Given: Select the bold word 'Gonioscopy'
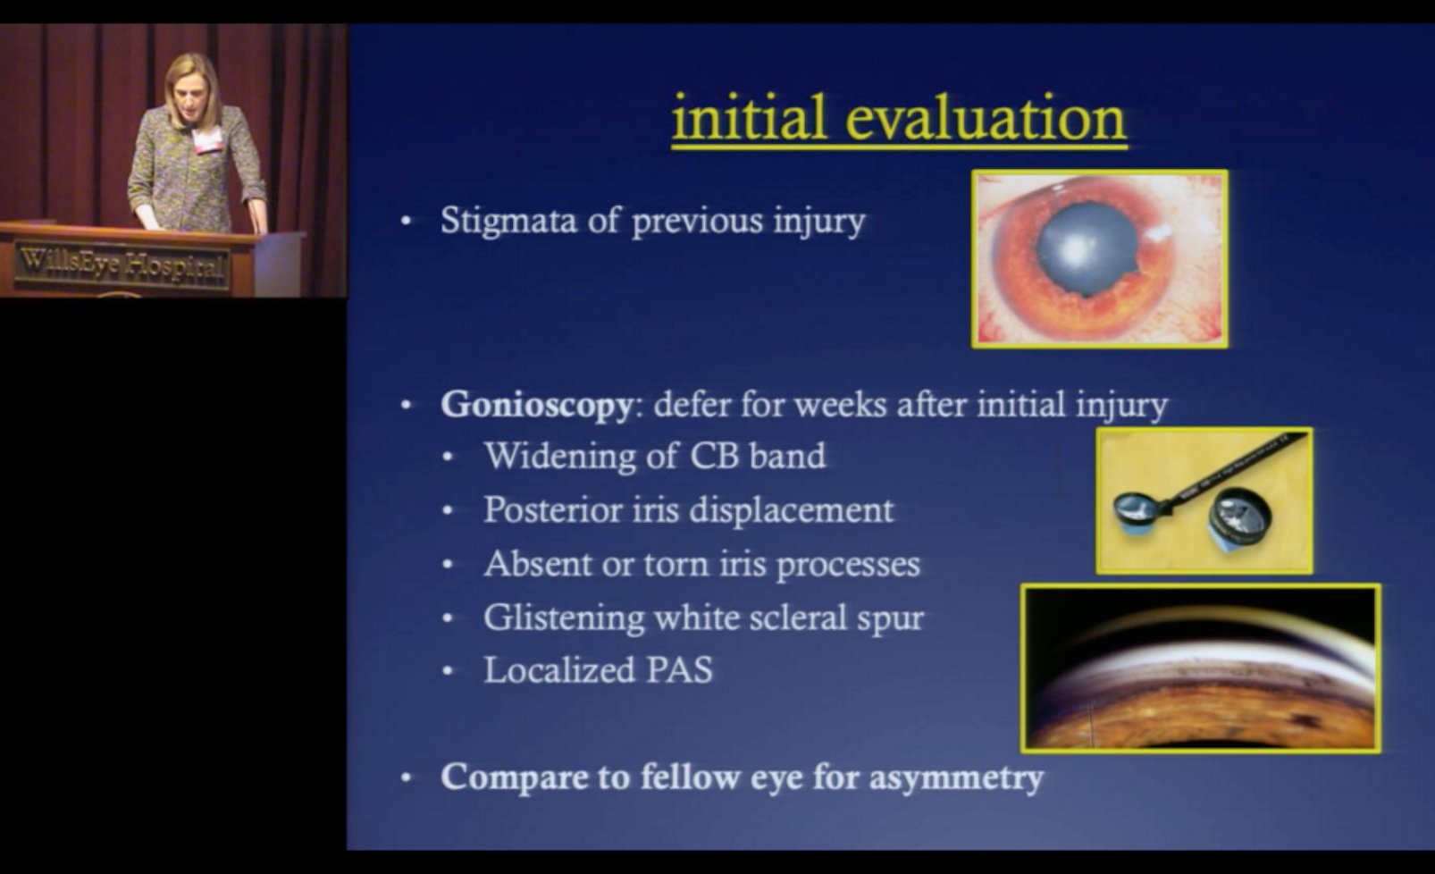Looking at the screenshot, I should (536, 405).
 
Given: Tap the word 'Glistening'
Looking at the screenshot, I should (563, 618).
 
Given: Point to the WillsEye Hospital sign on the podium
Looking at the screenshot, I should (122, 265).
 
